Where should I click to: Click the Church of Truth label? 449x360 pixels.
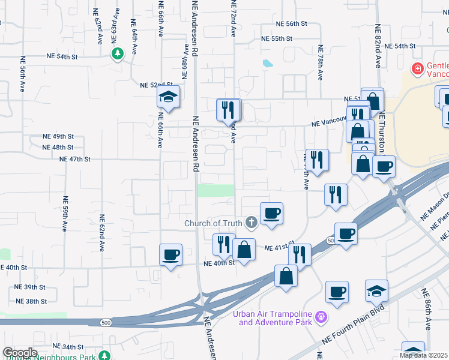pyautogui.click(x=212, y=224)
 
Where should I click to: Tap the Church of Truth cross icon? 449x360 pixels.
pyautogui.click(x=251, y=223)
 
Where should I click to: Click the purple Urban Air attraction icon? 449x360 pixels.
pyautogui.click(x=322, y=316)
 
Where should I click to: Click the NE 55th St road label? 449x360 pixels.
pyautogui.click(x=277, y=38)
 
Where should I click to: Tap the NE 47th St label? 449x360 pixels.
pyautogui.click(x=75, y=159)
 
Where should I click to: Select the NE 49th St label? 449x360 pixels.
pyautogui.click(x=58, y=137)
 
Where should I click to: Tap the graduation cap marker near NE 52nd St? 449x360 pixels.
pyautogui.click(x=169, y=97)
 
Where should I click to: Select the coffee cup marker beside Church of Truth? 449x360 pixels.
pyautogui.click(x=271, y=212)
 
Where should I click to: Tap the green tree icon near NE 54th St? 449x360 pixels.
pyautogui.click(x=118, y=54)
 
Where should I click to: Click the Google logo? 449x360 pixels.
pyautogui.click(x=19, y=353)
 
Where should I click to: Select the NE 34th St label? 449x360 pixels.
pyautogui.click(x=68, y=347)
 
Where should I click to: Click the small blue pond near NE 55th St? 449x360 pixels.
pyautogui.click(x=267, y=63)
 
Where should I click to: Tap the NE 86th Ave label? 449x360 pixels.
pyautogui.click(x=426, y=310)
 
